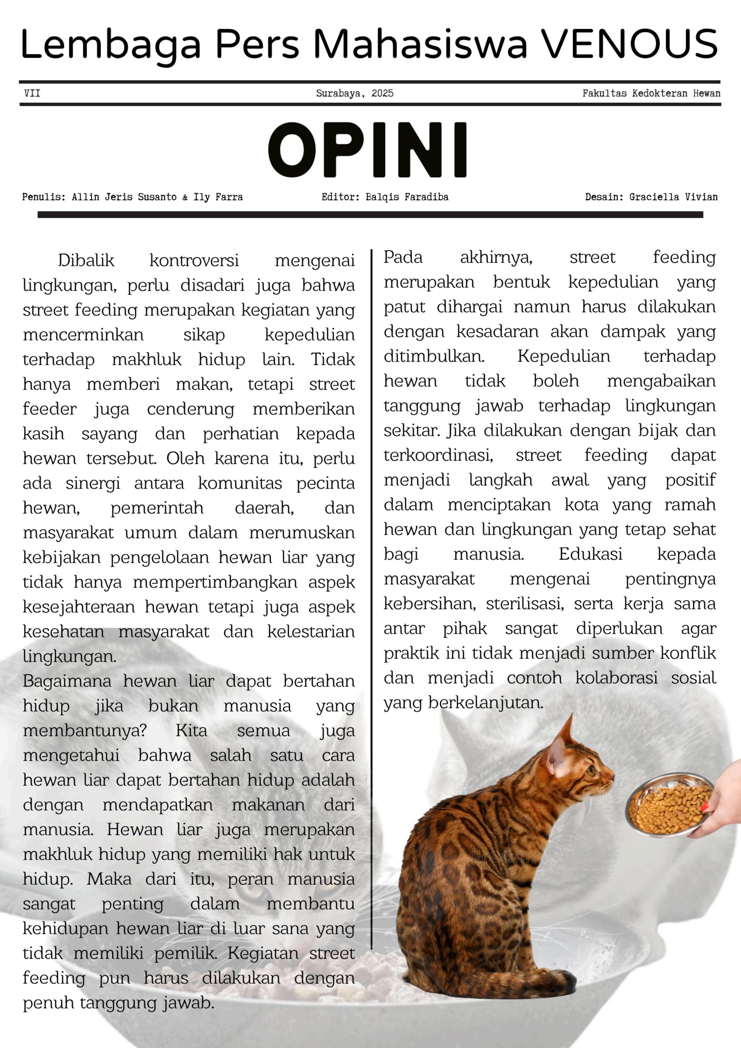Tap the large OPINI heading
pos(367,150)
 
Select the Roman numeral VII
pos(32,94)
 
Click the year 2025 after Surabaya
pos(382,94)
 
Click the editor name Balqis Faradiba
pos(407,197)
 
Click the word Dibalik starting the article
pos(86,261)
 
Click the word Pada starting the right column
pos(403,258)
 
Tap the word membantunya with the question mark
pos(85,730)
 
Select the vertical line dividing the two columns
pos(372,593)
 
